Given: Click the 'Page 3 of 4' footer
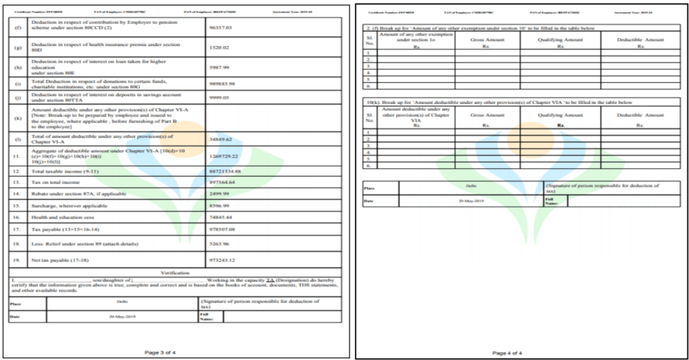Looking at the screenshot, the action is click(166, 352).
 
